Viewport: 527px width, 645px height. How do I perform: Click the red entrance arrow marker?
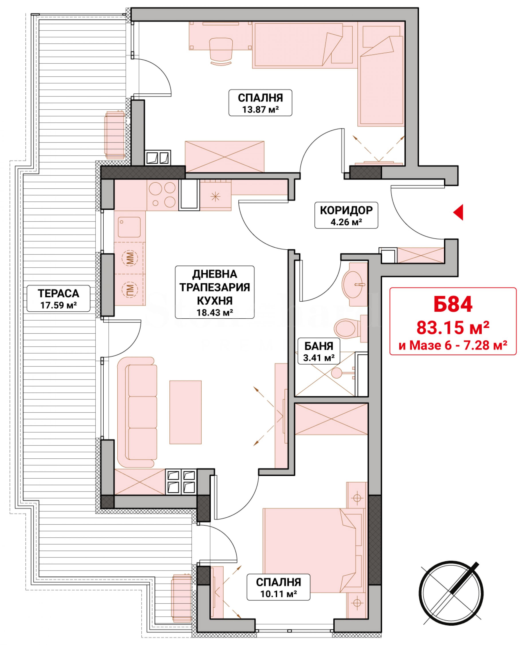[x=458, y=213]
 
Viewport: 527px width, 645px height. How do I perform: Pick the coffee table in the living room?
[x=186, y=412]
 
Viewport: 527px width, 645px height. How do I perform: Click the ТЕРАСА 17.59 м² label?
[x=58, y=298]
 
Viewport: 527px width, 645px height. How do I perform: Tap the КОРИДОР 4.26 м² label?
[x=346, y=215]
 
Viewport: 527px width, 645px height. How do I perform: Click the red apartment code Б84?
[x=453, y=304]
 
